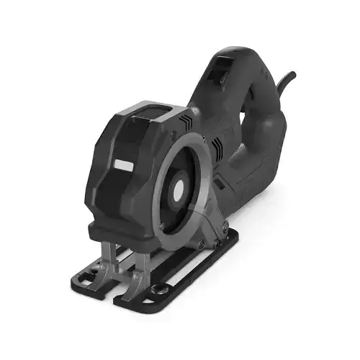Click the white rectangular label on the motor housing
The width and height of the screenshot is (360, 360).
coord(122,166)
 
